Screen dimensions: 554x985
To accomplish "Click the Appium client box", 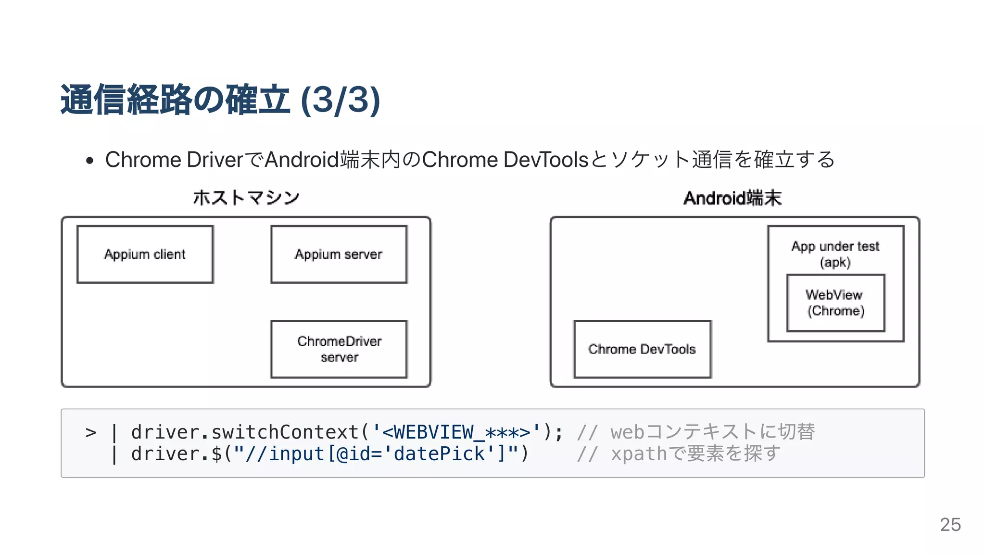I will tap(145, 254).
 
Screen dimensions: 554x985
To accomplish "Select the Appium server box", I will tap(339, 254).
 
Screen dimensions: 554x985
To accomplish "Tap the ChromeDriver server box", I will tap(339, 349).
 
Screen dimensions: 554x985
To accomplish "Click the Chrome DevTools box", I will tap(642, 349).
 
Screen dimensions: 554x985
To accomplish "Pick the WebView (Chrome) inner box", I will tap(835, 303).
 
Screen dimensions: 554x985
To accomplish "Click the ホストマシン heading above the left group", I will tap(246, 198).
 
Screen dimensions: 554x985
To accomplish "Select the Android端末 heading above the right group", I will tap(732, 198).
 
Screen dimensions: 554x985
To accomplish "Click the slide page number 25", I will tap(950, 524).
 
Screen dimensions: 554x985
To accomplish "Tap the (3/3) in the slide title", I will tap(340, 100).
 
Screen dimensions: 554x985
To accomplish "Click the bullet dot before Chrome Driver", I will tap(89, 161).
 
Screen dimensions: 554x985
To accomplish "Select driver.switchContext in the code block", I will tap(245, 432).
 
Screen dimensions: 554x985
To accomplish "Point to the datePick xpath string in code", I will tap(375, 453).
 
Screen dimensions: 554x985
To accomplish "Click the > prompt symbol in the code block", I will tap(91, 432).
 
